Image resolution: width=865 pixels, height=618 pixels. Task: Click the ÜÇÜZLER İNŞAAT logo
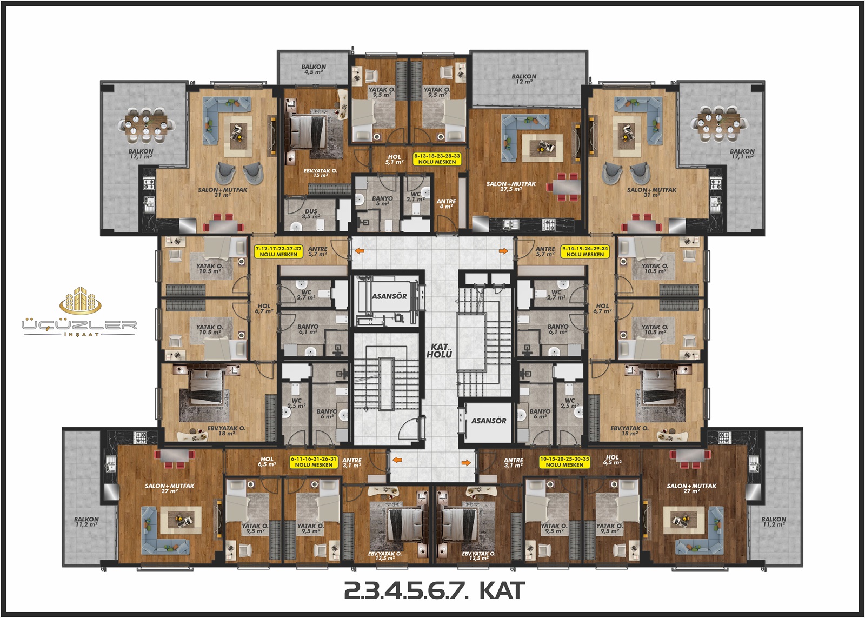coord(79,311)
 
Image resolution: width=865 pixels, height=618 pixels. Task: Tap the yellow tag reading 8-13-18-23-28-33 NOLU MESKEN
coord(437,159)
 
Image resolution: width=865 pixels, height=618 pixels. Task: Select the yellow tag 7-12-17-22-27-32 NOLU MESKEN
coord(278,251)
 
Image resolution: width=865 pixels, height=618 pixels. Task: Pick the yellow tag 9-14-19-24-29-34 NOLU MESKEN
coord(585,251)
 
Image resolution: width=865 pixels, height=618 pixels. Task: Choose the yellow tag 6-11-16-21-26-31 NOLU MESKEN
coord(314,462)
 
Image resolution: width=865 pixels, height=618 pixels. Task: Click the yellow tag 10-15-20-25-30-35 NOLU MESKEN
coord(564,462)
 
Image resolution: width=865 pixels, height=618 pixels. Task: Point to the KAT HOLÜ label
coord(439,351)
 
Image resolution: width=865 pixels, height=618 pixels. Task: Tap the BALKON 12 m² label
coord(524,79)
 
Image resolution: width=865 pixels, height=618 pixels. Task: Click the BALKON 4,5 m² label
coord(314,69)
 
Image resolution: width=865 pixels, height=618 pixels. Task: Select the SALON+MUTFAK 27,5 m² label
coord(511,187)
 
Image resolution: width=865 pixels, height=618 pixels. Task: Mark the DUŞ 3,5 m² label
coord(311,214)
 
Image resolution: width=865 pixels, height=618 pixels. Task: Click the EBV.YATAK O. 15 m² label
coord(320,172)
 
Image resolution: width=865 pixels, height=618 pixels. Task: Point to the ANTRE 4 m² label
coord(446,203)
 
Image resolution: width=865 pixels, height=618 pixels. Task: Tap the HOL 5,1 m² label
coord(394,159)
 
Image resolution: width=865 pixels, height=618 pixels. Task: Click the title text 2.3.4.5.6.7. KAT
coord(435,590)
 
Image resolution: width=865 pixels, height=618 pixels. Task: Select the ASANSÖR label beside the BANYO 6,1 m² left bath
coord(389,296)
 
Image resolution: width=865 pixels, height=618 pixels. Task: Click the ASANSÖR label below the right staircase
coord(489,421)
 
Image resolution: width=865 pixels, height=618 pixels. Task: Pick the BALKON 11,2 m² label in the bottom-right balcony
coord(774,522)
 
